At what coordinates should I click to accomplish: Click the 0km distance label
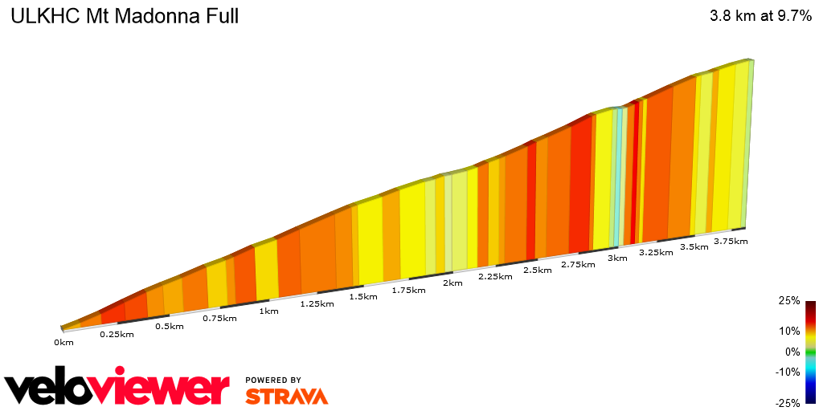63,343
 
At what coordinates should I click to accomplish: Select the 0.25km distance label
117,334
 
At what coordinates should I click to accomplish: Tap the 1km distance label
268,311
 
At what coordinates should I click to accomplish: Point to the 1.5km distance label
363,296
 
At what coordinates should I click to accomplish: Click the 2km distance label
452,283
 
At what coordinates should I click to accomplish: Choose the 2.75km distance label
578,264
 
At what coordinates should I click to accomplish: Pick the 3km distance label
617,258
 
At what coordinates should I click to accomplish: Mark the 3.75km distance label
731,241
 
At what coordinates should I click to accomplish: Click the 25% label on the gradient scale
789,301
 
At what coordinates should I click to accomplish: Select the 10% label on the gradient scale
789,331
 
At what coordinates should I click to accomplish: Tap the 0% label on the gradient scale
792,352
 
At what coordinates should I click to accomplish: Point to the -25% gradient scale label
788,403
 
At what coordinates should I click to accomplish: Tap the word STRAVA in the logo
286,397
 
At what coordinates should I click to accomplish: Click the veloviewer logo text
117,389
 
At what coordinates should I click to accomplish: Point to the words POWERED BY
273,380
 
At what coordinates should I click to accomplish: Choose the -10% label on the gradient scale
788,372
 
